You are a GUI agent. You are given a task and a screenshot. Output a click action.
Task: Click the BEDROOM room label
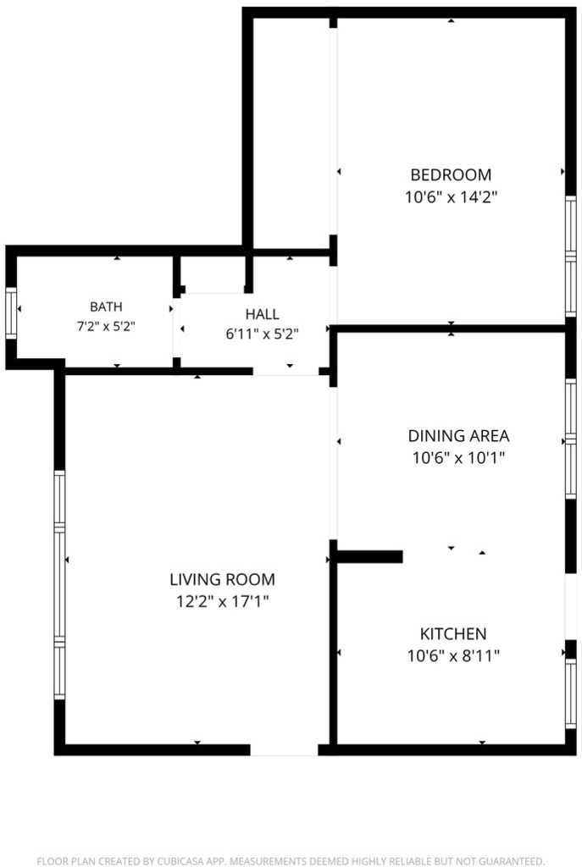click(451, 174)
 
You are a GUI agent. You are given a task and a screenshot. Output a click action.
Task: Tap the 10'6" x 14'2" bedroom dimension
click(451, 196)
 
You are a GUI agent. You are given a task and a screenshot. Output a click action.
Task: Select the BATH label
click(106, 306)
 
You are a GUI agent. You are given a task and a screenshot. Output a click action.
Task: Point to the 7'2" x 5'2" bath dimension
click(106, 326)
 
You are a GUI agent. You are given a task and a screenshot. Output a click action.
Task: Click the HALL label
click(263, 314)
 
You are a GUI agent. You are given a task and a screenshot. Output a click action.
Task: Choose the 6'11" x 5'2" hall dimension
click(263, 334)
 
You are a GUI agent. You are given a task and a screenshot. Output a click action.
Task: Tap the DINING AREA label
click(458, 436)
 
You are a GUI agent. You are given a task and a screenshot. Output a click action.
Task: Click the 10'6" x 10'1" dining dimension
click(458, 458)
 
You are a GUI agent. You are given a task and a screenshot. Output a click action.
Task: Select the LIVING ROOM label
click(223, 579)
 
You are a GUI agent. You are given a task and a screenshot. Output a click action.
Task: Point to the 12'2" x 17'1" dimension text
click(223, 601)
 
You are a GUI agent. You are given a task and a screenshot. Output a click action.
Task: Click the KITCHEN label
click(453, 633)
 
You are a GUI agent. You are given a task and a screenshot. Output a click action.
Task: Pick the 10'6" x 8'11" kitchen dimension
click(453, 656)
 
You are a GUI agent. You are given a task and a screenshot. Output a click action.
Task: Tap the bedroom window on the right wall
click(570, 256)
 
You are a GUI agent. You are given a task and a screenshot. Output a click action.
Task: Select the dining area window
click(570, 439)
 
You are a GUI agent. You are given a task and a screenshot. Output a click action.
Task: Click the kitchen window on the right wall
click(570, 693)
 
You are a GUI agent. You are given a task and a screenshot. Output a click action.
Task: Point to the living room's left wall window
click(59, 584)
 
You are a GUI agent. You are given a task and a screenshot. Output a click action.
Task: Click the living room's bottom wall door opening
click(285, 750)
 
